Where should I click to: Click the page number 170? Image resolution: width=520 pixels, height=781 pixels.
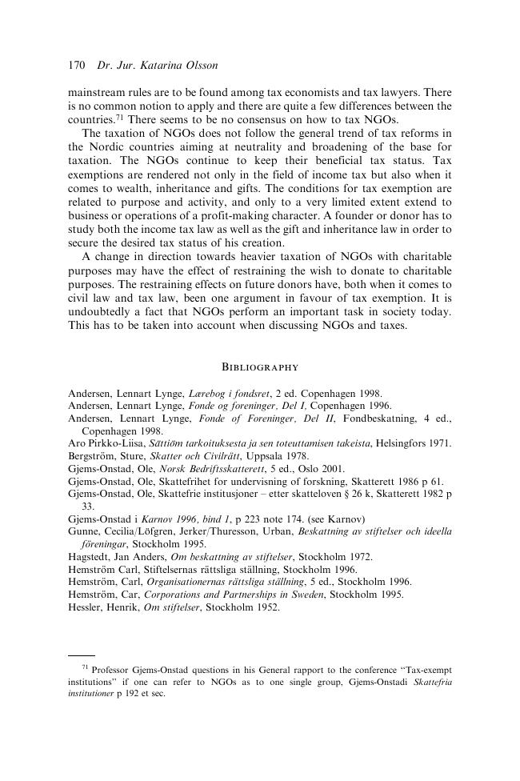[77, 63]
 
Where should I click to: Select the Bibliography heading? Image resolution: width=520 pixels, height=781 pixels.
[259, 367]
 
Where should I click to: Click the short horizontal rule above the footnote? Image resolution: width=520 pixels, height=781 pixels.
[82, 655]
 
